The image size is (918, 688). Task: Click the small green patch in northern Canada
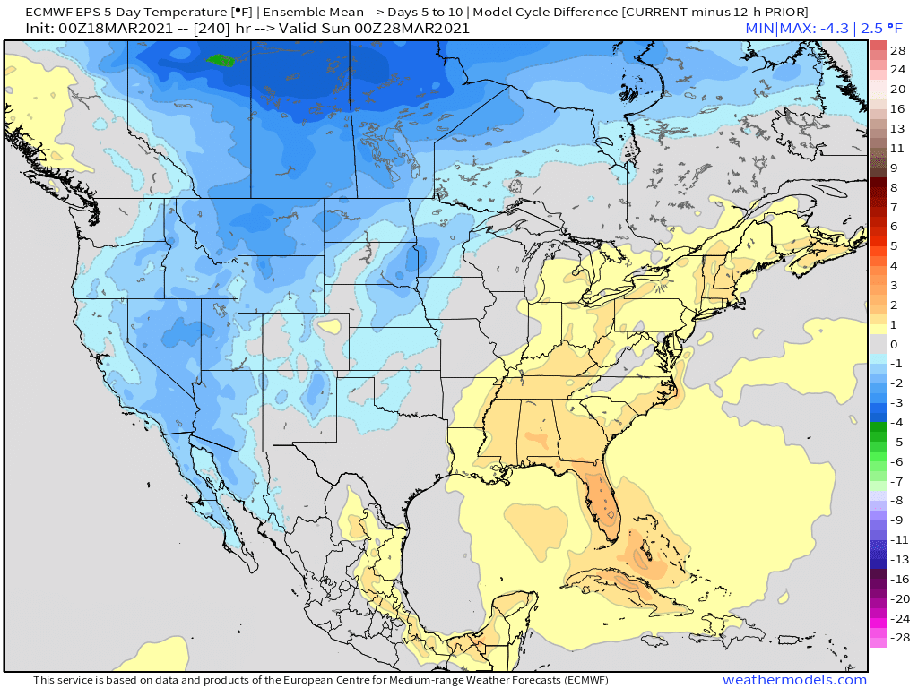(219, 61)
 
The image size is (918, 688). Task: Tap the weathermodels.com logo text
(794, 680)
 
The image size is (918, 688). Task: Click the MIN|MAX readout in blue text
(805, 29)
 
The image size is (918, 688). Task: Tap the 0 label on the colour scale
(894, 344)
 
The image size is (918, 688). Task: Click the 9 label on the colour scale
(894, 168)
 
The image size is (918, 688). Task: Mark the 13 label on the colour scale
(897, 128)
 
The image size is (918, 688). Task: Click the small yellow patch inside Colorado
(333, 325)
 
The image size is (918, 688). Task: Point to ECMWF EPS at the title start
(57, 12)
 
